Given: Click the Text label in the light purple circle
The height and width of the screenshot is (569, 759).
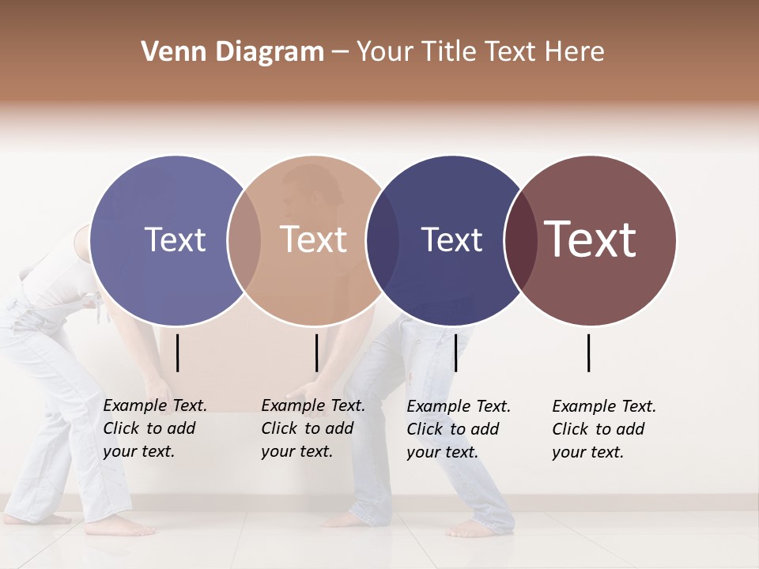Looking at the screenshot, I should click(x=175, y=239).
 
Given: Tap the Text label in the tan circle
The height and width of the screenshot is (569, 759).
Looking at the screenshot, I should click(x=313, y=239).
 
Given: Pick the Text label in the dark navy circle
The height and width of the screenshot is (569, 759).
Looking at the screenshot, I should click(x=451, y=239).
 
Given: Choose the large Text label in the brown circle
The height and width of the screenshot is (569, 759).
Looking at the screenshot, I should click(x=591, y=239).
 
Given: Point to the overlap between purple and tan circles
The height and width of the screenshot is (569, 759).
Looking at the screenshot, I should click(x=244, y=240).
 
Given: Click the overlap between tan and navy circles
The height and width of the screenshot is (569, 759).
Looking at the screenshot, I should click(x=383, y=240).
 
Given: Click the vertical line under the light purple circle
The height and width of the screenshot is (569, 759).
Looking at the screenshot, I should click(x=177, y=352).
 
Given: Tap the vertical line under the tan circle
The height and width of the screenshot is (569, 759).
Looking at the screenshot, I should click(x=316, y=352).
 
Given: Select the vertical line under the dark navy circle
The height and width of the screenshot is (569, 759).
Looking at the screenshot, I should click(x=455, y=352).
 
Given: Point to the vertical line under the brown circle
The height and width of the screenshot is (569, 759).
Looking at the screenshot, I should click(x=588, y=352).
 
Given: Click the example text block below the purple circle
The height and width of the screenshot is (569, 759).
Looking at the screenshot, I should click(x=155, y=428).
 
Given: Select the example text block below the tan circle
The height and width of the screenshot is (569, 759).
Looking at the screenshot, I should click(x=313, y=428).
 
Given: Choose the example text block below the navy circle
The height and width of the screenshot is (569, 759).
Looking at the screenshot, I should click(x=459, y=429).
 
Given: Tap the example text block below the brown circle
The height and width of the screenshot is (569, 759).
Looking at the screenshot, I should click(x=604, y=429).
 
